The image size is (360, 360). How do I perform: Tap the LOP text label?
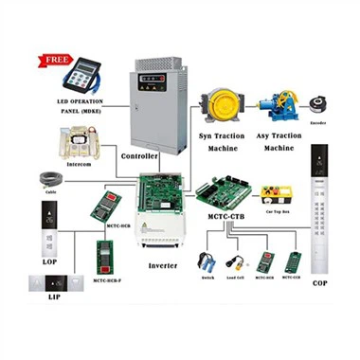[50, 259]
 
